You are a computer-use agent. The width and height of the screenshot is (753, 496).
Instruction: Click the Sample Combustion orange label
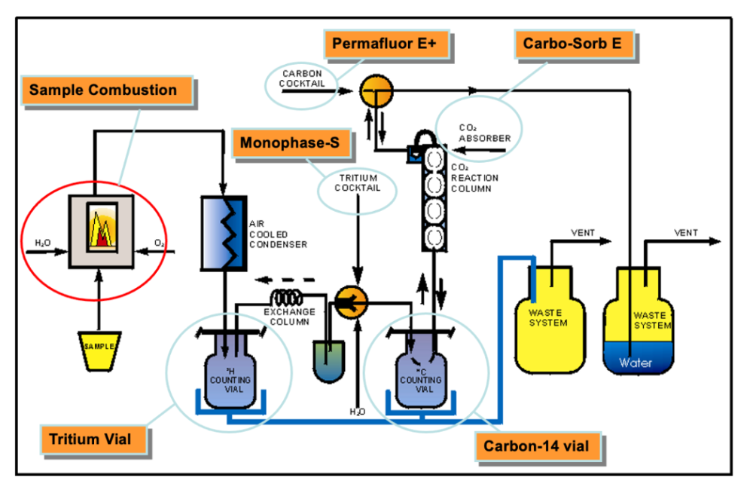[x=102, y=90]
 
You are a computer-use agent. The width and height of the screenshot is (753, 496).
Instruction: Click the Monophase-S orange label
[x=289, y=142]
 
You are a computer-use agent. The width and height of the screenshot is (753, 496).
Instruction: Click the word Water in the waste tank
[x=636, y=363]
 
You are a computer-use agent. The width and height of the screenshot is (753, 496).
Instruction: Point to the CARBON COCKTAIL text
[x=303, y=79]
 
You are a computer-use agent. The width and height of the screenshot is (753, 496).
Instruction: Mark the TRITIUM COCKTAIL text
[x=357, y=183]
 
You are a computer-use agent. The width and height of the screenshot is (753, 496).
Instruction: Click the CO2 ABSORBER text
[x=485, y=133]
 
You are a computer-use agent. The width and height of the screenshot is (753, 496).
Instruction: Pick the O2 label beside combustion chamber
[x=159, y=244]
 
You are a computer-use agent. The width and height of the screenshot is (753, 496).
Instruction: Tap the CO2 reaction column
[x=434, y=197]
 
